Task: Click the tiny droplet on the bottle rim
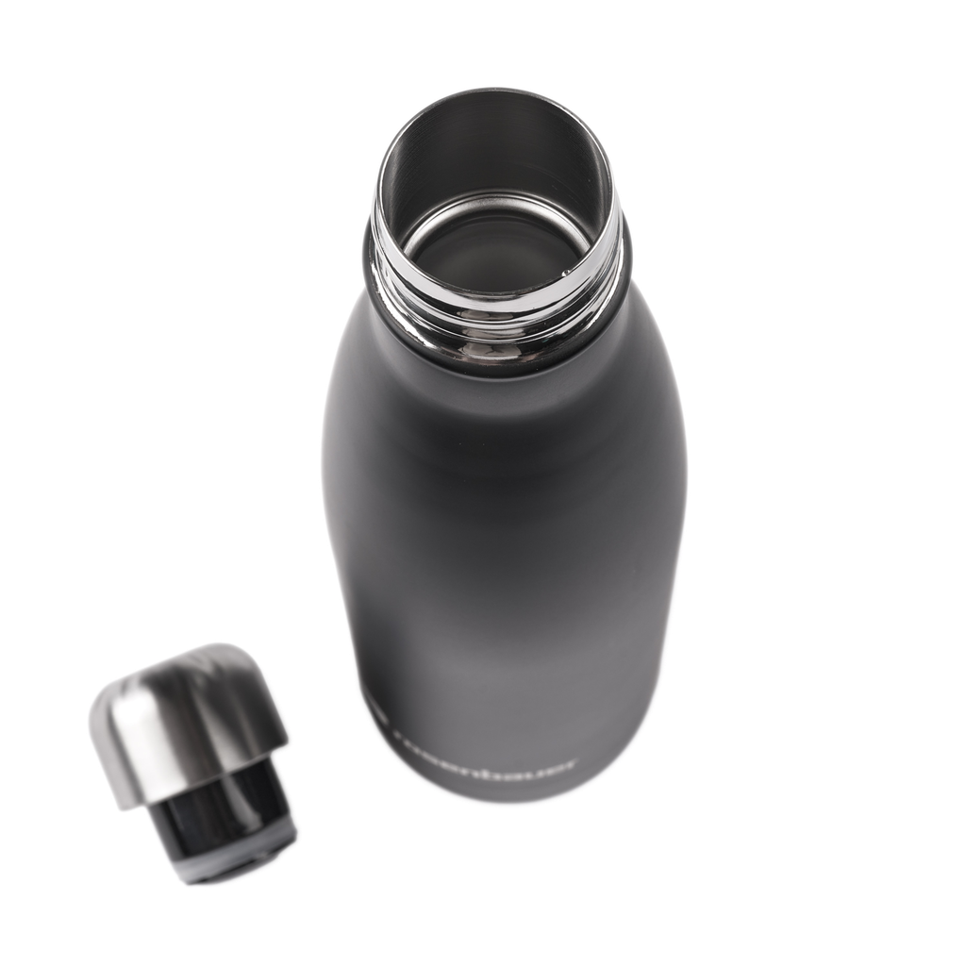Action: point(567,274)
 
